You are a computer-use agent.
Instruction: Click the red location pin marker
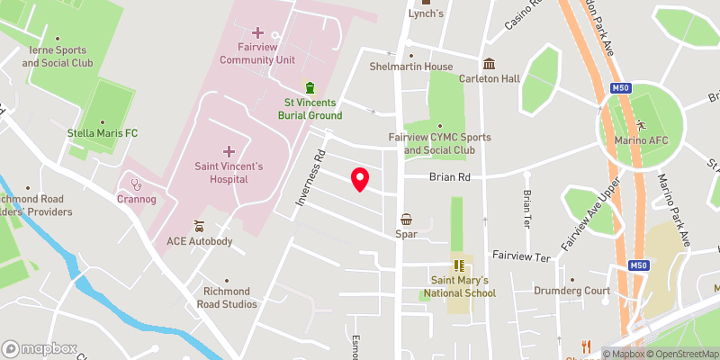click(x=360, y=179)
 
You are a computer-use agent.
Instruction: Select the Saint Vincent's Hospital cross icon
click(x=229, y=151)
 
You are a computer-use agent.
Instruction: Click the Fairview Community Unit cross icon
click(x=259, y=32)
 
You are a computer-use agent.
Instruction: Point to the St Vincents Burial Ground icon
click(x=310, y=88)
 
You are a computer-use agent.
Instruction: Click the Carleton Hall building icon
click(x=489, y=64)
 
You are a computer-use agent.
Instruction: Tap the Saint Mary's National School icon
click(x=458, y=265)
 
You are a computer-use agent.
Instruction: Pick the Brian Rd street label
click(x=452, y=178)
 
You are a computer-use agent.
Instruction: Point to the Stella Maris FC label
click(x=103, y=133)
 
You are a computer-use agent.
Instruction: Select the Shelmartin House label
click(x=411, y=67)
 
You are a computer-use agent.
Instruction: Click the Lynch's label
click(x=426, y=14)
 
